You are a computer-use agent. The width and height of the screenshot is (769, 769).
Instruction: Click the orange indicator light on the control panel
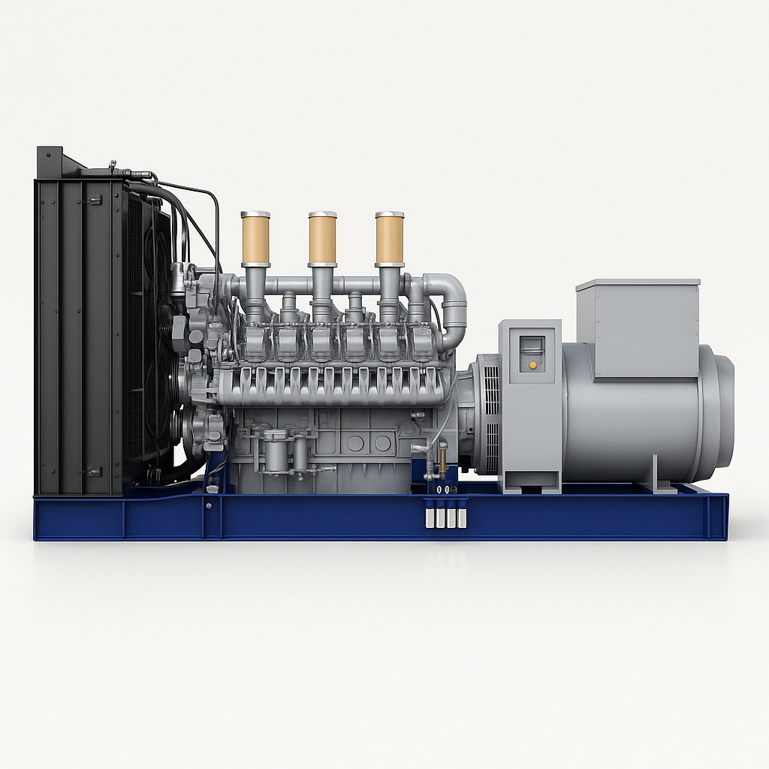pos(532,365)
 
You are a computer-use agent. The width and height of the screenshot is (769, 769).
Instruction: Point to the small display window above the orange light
pos(532,346)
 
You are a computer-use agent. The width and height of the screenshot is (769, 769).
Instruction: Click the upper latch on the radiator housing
pos(95,200)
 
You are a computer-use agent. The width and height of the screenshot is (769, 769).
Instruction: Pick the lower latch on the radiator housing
pos(95,472)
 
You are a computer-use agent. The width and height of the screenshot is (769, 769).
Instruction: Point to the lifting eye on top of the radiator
pos(113,164)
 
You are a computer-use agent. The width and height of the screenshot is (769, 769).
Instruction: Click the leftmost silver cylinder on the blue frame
pos(430,518)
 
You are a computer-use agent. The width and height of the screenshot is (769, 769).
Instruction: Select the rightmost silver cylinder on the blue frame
pos(462,518)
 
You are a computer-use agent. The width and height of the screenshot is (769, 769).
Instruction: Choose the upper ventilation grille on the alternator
pos(491,391)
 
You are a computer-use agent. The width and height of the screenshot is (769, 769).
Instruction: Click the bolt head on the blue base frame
pos(208,505)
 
